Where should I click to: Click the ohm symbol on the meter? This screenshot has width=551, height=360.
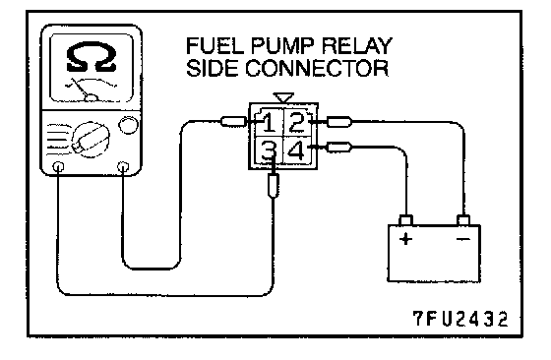click(x=92, y=56)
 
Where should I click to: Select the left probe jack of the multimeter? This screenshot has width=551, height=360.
click(x=58, y=167)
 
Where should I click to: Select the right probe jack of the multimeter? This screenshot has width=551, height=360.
click(x=123, y=166)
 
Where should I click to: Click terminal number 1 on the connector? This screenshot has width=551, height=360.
click(x=270, y=123)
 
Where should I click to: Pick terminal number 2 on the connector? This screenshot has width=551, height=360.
click(x=297, y=122)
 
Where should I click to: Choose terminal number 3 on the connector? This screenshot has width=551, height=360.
click(x=269, y=151)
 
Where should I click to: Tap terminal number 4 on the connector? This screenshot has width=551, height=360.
click(x=297, y=150)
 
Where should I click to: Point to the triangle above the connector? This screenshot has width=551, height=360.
click(x=283, y=97)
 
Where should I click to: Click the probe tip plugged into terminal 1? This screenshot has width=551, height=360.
click(x=234, y=122)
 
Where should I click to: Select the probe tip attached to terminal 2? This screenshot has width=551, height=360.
click(x=339, y=122)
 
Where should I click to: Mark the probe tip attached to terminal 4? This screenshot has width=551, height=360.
click(x=339, y=147)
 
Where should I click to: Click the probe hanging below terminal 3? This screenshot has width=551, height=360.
click(x=274, y=186)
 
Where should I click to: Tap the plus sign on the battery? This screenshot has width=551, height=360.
click(x=405, y=239)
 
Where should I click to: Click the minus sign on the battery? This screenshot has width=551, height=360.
click(x=463, y=239)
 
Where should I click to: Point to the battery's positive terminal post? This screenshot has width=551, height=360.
click(x=405, y=220)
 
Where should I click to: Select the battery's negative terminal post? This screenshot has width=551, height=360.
click(x=463, y=220)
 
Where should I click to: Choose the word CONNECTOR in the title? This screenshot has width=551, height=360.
click(x=317, y=68)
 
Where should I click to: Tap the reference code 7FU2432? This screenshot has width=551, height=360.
click(x=460, y=319)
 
